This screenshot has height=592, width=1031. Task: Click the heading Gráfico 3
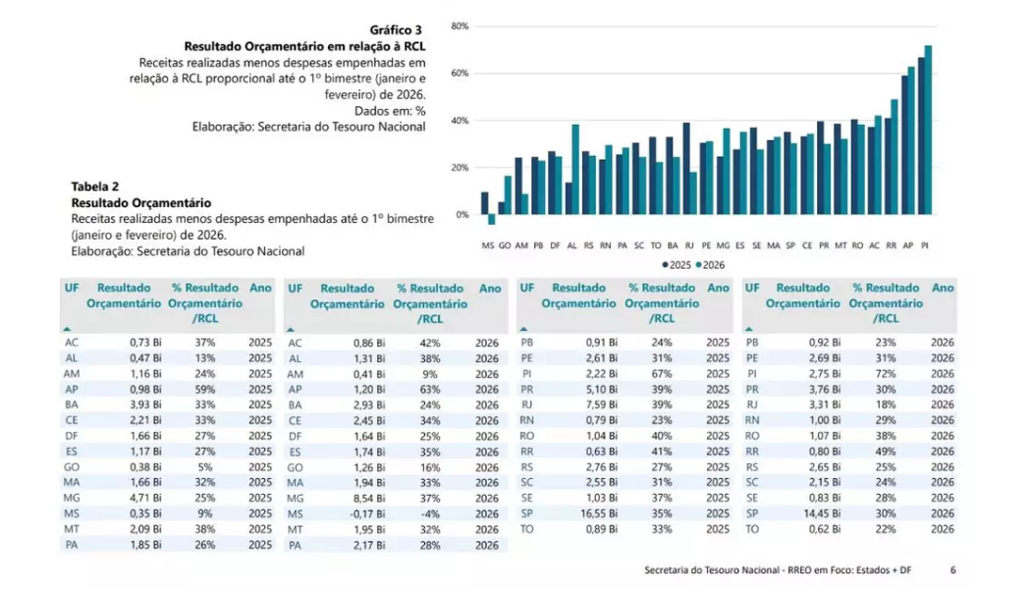pos(397,30)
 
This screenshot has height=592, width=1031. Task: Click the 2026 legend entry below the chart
pos(711,265)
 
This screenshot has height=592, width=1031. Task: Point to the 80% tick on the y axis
pos(459,26)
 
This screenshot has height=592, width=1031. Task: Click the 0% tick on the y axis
pos(461,215)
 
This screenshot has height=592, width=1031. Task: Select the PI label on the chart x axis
pos(925,245)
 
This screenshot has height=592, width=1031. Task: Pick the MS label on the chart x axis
pos(487,245)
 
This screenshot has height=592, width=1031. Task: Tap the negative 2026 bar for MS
pos(491,220)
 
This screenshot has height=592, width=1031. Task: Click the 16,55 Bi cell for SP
pos(598,513)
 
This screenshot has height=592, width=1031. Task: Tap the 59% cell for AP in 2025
pos(205,390)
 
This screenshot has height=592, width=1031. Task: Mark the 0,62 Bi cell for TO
pos(824,529)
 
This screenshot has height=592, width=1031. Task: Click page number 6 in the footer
pos(953,569)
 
